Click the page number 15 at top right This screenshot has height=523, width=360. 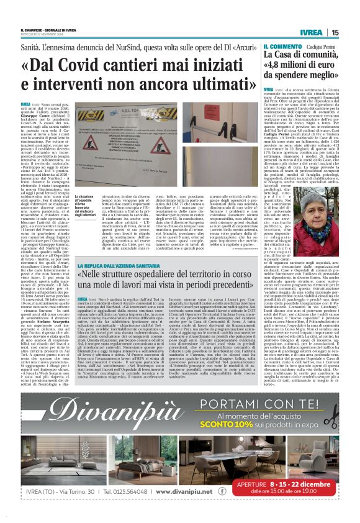click(335, 32)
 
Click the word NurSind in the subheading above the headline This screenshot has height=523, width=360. click(138, 47)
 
